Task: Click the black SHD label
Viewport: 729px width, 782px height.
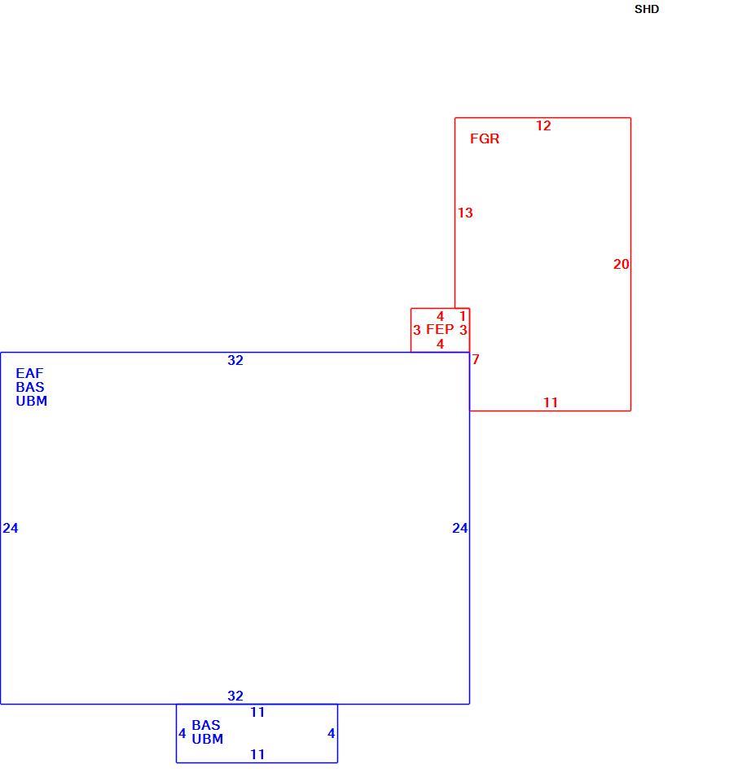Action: (646, 9)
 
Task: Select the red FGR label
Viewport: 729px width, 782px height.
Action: (484, 138)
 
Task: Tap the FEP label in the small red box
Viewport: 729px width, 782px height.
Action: (440, 329)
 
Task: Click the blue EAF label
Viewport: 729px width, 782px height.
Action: (29, 373)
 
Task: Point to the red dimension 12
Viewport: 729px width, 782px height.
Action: (543, 125)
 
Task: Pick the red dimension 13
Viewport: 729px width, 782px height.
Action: (465, 213)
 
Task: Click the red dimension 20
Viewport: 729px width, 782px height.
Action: (621, 264)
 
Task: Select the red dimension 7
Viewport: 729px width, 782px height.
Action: (475, 359)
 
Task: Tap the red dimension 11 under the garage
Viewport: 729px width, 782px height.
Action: (550, 402)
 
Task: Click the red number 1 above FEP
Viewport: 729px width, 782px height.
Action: (462, 316)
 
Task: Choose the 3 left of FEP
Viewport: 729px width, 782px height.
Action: (417, 330)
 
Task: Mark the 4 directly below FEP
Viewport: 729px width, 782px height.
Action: (440, 344)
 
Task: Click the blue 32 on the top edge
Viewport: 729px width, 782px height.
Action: (235, 360)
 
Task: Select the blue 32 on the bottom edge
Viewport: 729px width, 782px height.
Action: (235, 696)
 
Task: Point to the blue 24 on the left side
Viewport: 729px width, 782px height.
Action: (11, 528)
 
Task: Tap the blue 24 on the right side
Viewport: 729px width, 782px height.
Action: (459, 528)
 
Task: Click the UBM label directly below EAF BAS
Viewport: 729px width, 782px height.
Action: (32, 401)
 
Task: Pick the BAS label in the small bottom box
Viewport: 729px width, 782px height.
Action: (205, 725)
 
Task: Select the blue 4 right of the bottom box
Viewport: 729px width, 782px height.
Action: (331, 733)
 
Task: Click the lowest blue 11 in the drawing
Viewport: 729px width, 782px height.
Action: (257, 754)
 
